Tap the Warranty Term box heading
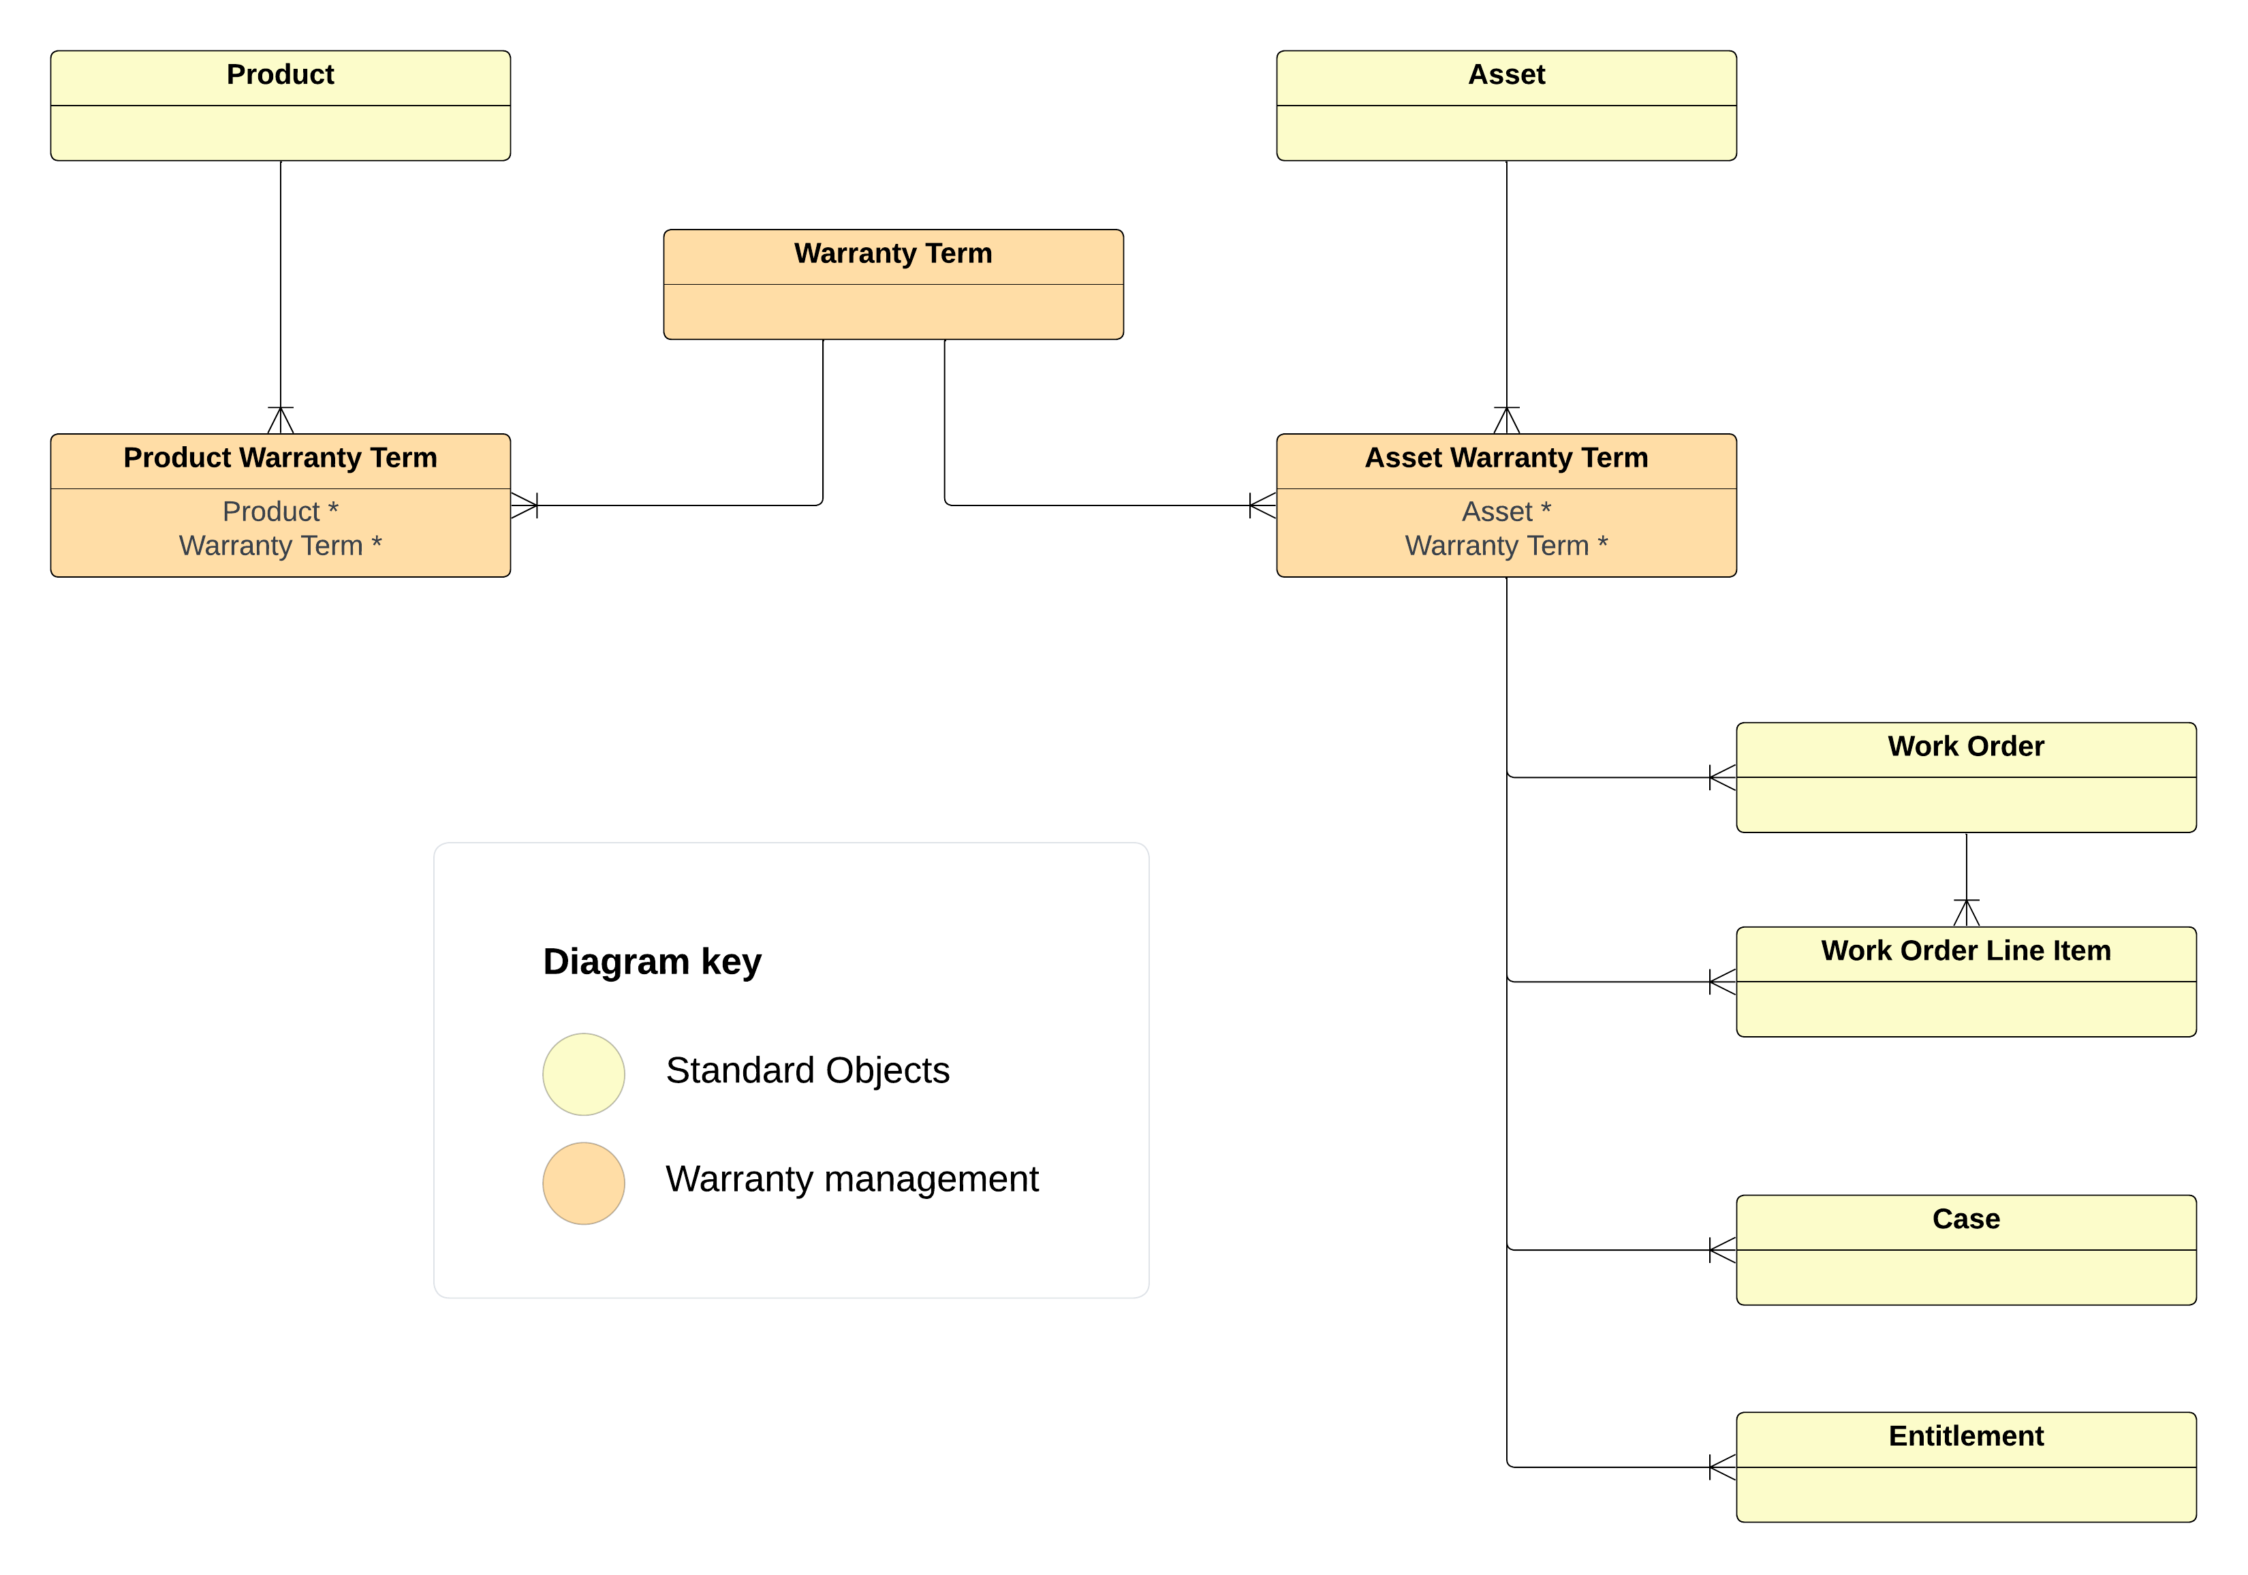click(893, 253)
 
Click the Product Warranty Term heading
click(280, 458)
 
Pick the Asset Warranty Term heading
click(1506, 458)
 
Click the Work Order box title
click(1965, 747)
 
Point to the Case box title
click(1965, 1219)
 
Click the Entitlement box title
click(1965, 1437)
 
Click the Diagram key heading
click(652, 962)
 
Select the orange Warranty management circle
click(584, 1183)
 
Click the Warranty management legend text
click(852, 1179)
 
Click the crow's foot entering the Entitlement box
click(1722, 1467)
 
